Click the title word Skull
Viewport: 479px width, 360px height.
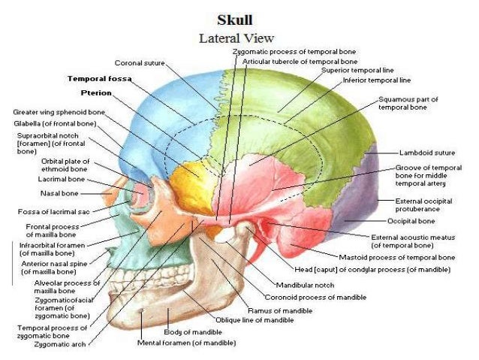point(235,19)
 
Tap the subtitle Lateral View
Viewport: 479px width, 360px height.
point(236,37)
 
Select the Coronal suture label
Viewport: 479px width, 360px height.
point(140,62)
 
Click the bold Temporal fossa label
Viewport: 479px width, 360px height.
point(98,78)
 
